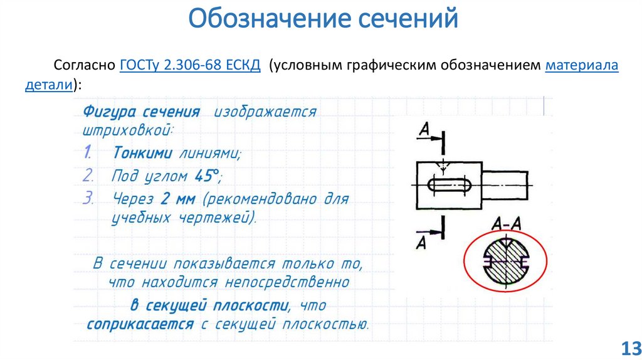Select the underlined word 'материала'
pyautogui.click(x=582, y=66)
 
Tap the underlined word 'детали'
pyautogui.click(x=49, y=84)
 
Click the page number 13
pyautogui.click(x=628, y=347)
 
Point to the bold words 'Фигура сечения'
pyautogui.click(x=141, y=112)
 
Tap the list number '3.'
pyautogui.click(x=89, y=199)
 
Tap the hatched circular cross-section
pyautogui.click(x=505, y=261)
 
